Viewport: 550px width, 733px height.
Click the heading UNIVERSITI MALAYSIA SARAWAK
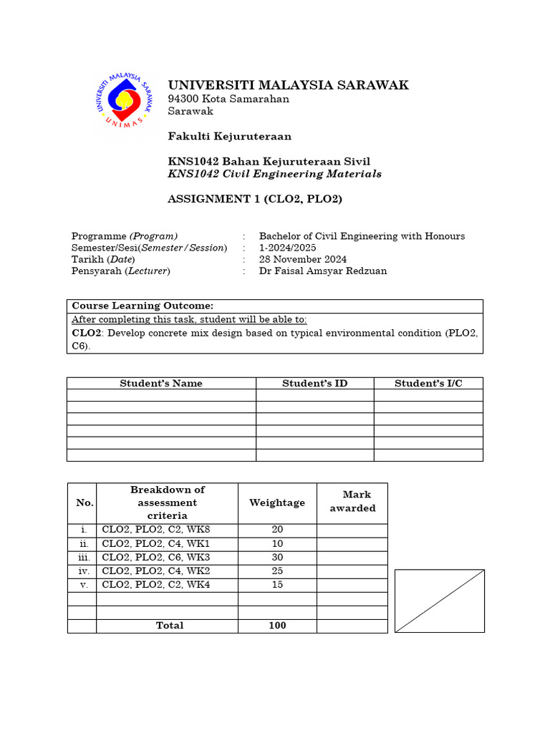pyautogui.click(x=288, y=85)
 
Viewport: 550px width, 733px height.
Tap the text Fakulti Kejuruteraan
pyautogui.click(x=229, y=136)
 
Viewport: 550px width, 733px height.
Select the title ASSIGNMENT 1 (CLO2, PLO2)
pyautogui.click(x=255, y=199)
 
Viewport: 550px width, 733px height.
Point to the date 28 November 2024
pyautogui.click(x=303, y=259)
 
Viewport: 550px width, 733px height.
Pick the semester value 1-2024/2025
pyautogui.click(x=287, y=248)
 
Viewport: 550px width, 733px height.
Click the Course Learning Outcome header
pyautogui.click(x=143, y=306)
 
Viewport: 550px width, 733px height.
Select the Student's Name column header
pyautogui.click(x=161, y=383)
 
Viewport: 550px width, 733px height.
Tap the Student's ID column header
pyautogui.click(x=314, y=383)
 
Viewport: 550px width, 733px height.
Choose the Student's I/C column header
pyautogui.click(x=428, y=383)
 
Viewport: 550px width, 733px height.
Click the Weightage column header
pyautogui.click(x=277, y=503)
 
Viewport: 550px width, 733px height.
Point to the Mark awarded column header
pyautogui.click(x=352, y=502)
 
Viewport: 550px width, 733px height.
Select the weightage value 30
pyautogui.click(x=277, y=558)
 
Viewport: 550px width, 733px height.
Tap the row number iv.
pyautogui.click(x=82, y=571)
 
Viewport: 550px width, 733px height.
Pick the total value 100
pyautogui.click(x=277, y=626)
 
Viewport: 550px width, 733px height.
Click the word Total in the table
pyautogui.click(x=170, y=626)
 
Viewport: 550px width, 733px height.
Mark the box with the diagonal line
pyautogui.click(x=440, y=601)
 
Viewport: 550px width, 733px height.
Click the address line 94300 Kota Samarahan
pyautogui.click(x=228, y=99)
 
